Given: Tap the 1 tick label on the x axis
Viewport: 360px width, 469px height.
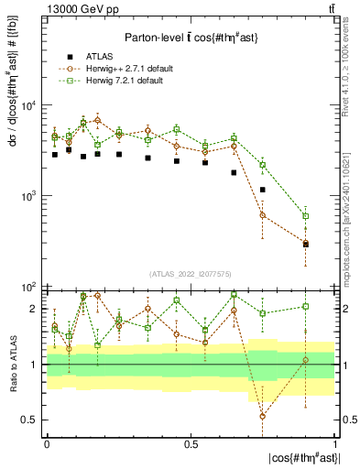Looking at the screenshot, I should coord(335,444).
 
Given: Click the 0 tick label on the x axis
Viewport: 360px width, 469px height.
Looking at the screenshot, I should coord(47,444).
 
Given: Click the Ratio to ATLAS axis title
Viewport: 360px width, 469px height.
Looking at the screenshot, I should coord(12,365).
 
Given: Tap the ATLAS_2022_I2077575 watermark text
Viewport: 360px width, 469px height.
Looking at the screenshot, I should coord(191,274).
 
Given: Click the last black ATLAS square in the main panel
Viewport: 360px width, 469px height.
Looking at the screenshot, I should coord(306,245).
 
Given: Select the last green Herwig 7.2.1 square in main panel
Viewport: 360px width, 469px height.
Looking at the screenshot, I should coord(306,216).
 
